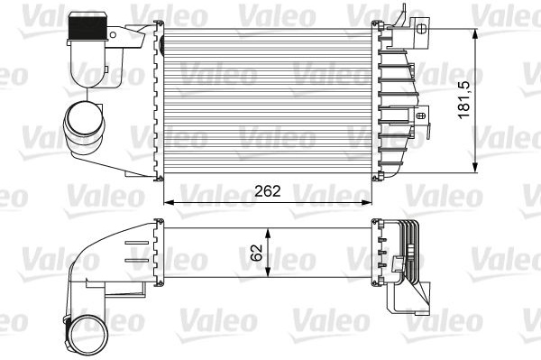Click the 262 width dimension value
click(x=268, y=191)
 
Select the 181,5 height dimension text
click(x=464, y=100)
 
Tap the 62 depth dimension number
click(x=257, y=253)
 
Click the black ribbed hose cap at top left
click(x=87, y=28)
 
